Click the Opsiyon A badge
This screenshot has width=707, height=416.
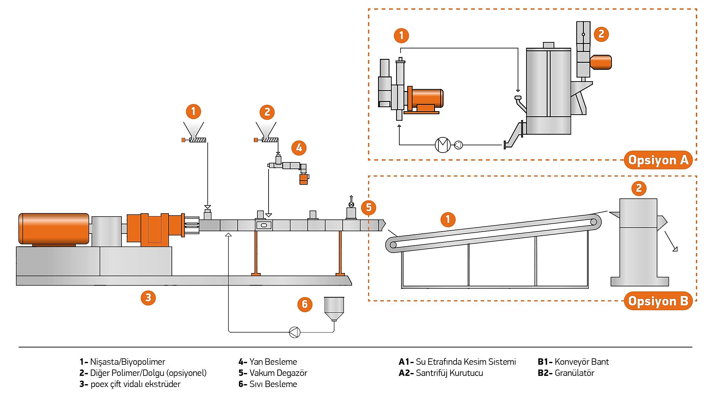[x=658, y=160]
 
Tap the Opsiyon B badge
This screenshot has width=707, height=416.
[x=658, y=301]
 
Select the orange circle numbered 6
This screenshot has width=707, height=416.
[x=304, y=304]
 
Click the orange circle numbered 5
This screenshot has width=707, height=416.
[x=368, y=208]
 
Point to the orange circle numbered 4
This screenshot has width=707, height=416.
[x=299, y=148]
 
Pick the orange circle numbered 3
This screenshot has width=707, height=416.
[x=148, y=298]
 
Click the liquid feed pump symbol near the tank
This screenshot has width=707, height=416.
[x=294, y=332]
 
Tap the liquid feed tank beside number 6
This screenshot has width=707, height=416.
[x=334, y=307]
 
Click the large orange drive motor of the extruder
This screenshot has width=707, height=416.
[x=53, y=229]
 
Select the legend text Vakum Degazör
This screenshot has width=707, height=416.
[x=278, y=373]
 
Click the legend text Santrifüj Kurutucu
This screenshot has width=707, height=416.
[x=449, y=373]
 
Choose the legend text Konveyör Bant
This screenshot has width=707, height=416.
[x=581, y=362]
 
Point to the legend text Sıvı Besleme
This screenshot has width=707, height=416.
[x=273, y=384]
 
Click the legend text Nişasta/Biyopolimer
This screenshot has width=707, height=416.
[x=128, y=362]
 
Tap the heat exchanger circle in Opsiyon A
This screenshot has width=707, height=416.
[x=443, y=145]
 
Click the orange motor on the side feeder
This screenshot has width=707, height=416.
[x=304, y=179]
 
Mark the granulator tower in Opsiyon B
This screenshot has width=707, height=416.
[x=638, y=242]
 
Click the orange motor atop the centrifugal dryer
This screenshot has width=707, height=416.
[x=601, y=62]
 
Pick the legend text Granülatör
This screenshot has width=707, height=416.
[x=574, y=373]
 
